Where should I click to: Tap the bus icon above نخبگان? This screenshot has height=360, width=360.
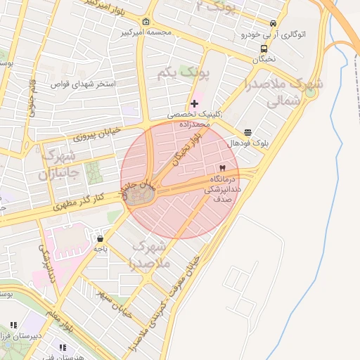click(264, 49)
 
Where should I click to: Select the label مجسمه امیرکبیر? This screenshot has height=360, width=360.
click(146, 32)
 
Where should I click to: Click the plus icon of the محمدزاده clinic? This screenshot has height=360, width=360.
click(195, 103)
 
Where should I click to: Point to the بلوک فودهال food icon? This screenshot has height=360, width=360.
click(248, 132)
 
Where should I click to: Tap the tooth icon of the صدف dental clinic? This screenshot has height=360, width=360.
click(222, 169)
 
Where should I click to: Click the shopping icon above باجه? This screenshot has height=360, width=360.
click(101, 238)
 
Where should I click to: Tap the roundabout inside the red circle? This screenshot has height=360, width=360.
click(141, 198)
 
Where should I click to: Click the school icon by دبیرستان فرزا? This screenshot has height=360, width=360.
click(12, 326)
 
